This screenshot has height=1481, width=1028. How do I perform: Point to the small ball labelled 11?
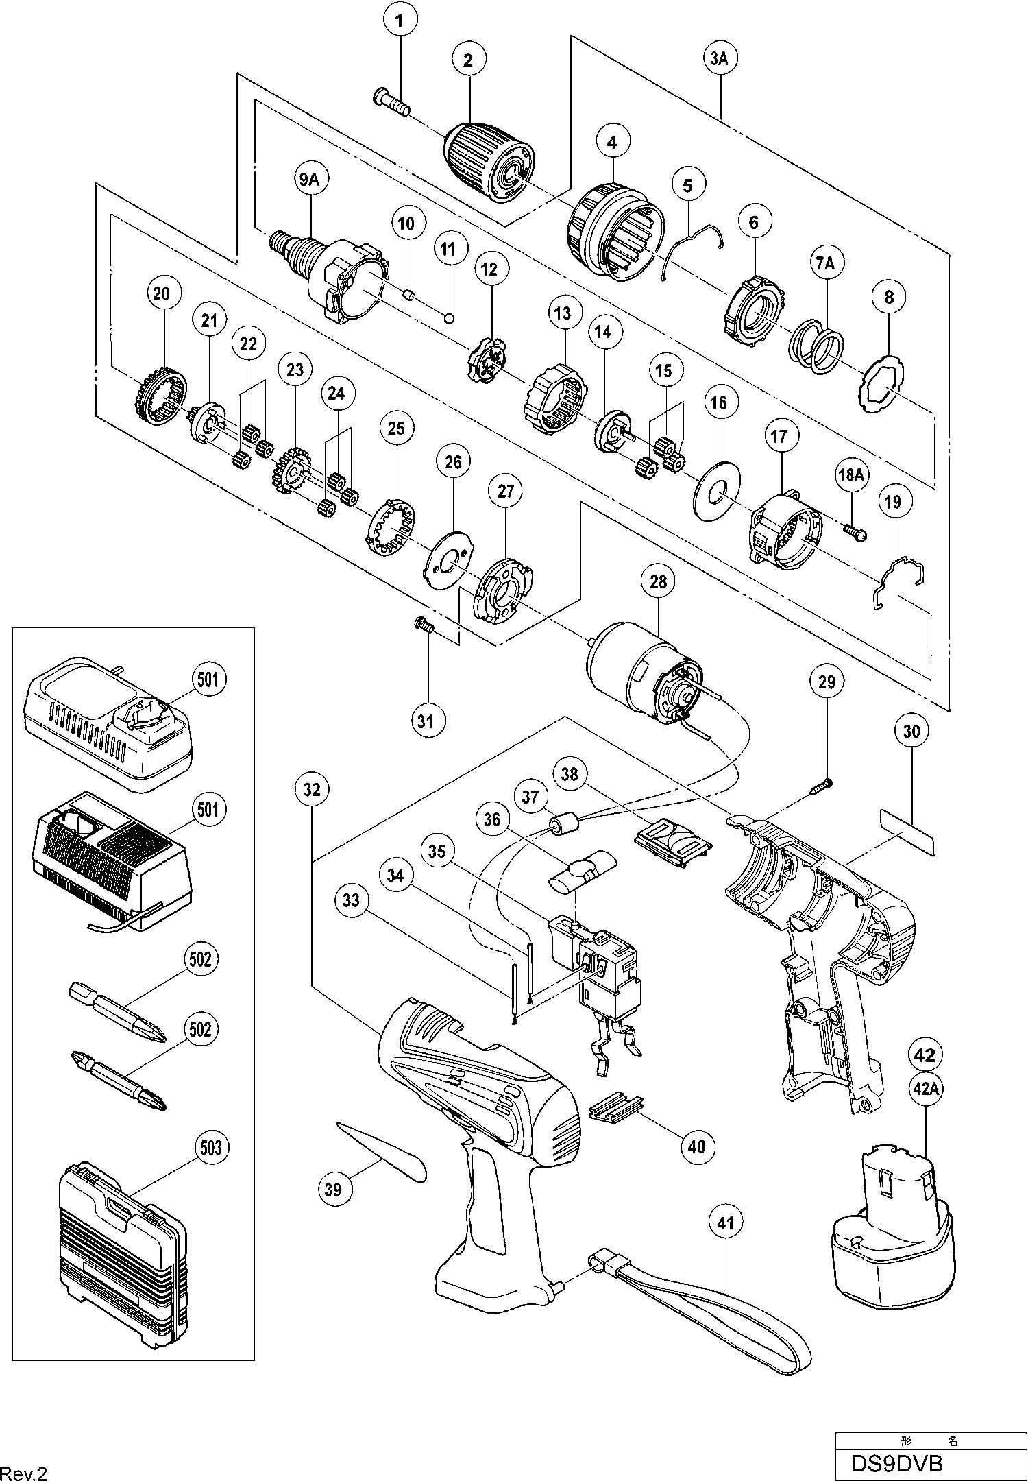(x=450, y=317)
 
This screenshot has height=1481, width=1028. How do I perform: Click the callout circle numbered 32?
(x=312, y=790)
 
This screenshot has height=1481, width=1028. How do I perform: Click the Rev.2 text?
(x=24, y=1471)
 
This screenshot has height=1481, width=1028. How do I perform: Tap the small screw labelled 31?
(x=423, y=625)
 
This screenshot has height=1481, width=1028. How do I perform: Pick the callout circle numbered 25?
(x=396, y=429)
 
